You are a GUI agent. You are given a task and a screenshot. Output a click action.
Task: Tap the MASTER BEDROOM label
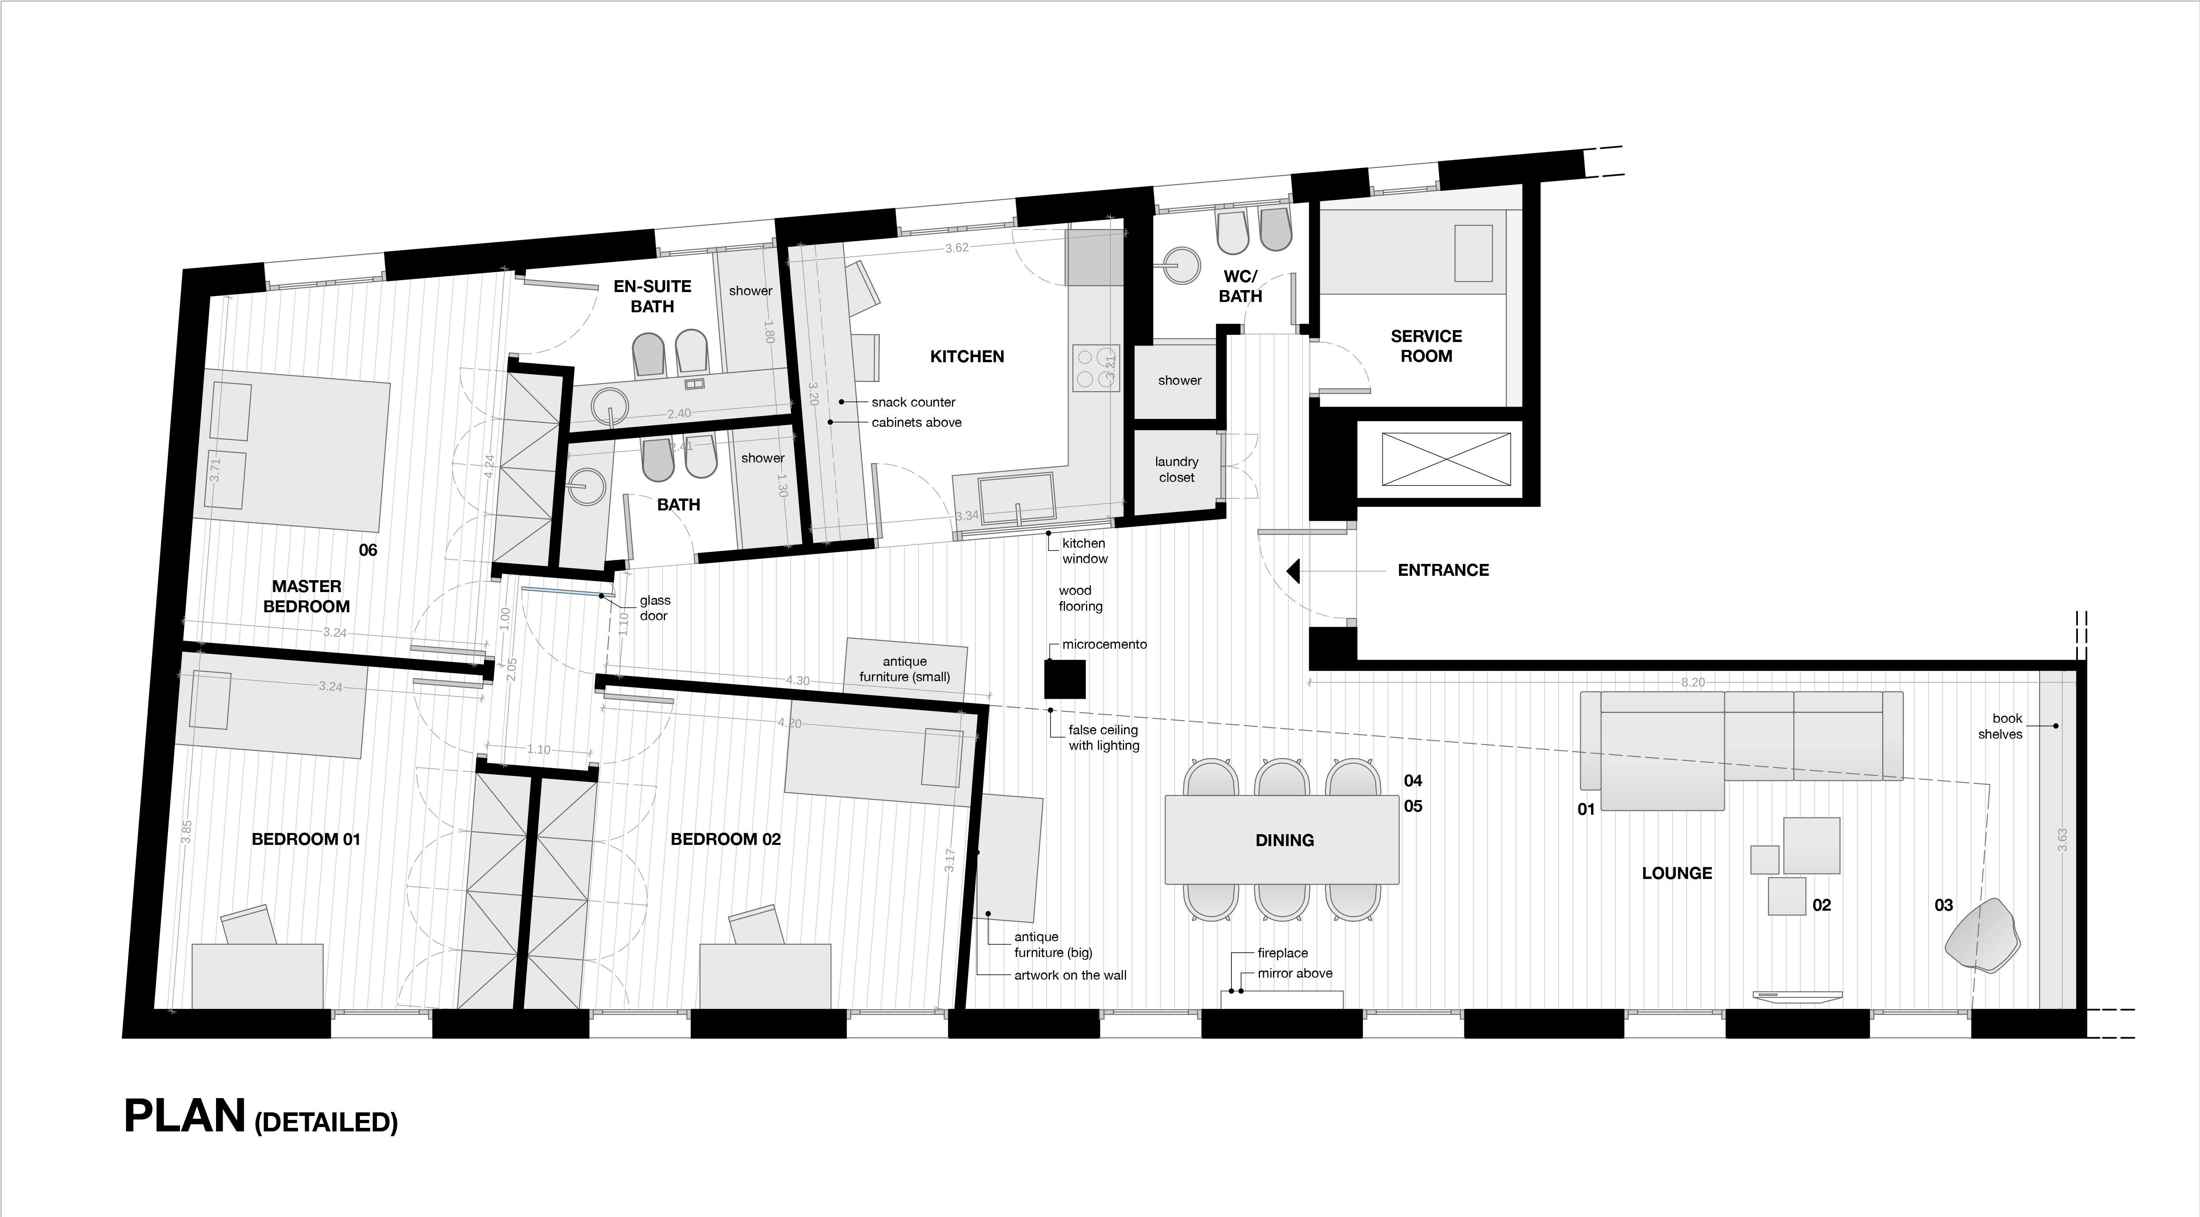point(307,596)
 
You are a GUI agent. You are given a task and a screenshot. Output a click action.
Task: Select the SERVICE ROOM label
point(1426,346)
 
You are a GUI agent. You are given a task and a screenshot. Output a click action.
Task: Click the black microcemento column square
point(1065,679)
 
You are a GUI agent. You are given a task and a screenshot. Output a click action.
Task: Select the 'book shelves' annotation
point(2000,726)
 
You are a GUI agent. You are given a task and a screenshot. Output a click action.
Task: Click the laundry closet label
point(1177,470)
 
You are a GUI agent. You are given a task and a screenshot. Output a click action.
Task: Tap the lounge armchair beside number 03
point(1983,934)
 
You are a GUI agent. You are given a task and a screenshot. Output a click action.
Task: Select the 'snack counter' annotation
point(913,402)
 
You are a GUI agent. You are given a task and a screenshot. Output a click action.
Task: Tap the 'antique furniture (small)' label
point(904,669)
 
